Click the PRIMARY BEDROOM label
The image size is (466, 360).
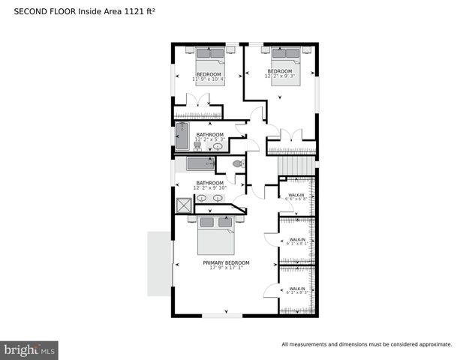point(226,263)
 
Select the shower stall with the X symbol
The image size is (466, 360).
point(184,205)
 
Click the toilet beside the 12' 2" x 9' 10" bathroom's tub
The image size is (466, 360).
point(238,163)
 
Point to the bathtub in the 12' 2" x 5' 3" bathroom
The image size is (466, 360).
point(181,136)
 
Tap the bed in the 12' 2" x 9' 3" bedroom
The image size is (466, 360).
point(285,64)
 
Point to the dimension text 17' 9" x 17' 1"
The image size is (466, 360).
point(226,269)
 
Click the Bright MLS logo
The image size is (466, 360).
point(30,350)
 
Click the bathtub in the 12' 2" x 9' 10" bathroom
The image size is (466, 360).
point(200,164)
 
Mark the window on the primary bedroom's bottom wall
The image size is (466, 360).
point(223,315)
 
